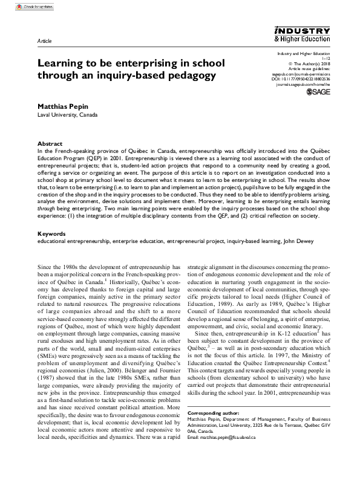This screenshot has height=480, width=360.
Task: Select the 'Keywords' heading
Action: pyautogui.click(x=51, y=216)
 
